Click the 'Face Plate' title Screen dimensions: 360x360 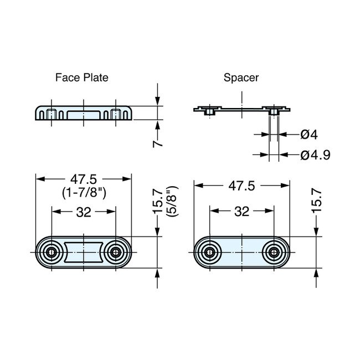click(81, 78)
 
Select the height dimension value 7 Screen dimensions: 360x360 click(158, 142)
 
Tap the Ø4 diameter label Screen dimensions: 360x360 click(308, 134)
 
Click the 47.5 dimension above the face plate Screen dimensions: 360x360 click(84, 179)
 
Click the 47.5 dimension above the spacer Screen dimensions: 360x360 click(241, 187)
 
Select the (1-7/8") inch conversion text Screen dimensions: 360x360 click(84, 192)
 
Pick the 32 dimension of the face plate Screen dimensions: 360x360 click(84, 212)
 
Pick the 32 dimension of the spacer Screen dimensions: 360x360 click(241, 212)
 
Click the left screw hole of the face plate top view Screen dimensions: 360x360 click(52, 253)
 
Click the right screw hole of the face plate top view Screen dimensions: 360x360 click(115, 253)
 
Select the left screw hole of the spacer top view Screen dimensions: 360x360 click(209, 253)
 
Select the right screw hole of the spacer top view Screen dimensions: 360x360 click(273, 253)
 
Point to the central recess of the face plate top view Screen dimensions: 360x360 click(84, 253)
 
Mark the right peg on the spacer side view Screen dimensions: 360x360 click(273, 111)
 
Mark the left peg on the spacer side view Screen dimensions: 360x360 click(209, 111)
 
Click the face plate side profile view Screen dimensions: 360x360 click(84, 112)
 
